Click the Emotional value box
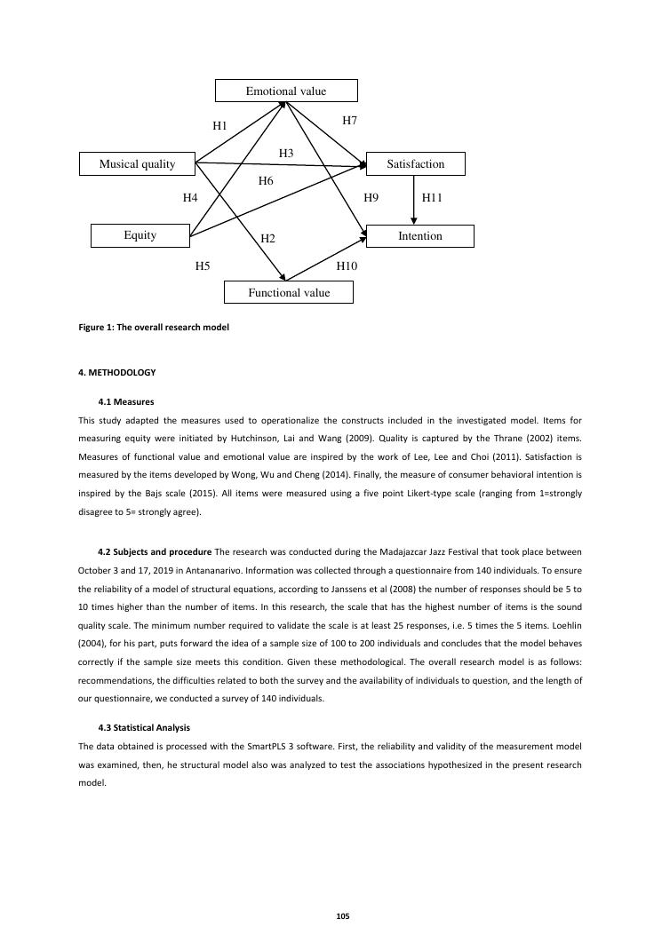[286, 91]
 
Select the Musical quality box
[137, 164]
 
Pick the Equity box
[140, 235]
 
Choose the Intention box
[419, 236]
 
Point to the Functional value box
[288, 293]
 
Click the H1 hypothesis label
[220, 127]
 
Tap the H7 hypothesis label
[350, 120]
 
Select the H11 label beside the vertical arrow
[432, 198]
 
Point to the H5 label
[203, 265]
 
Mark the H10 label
[347, 265]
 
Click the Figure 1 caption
[154, 328]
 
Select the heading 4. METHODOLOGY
[117, 373]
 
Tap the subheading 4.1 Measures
[126, 402]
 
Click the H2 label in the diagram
[268, 239]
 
